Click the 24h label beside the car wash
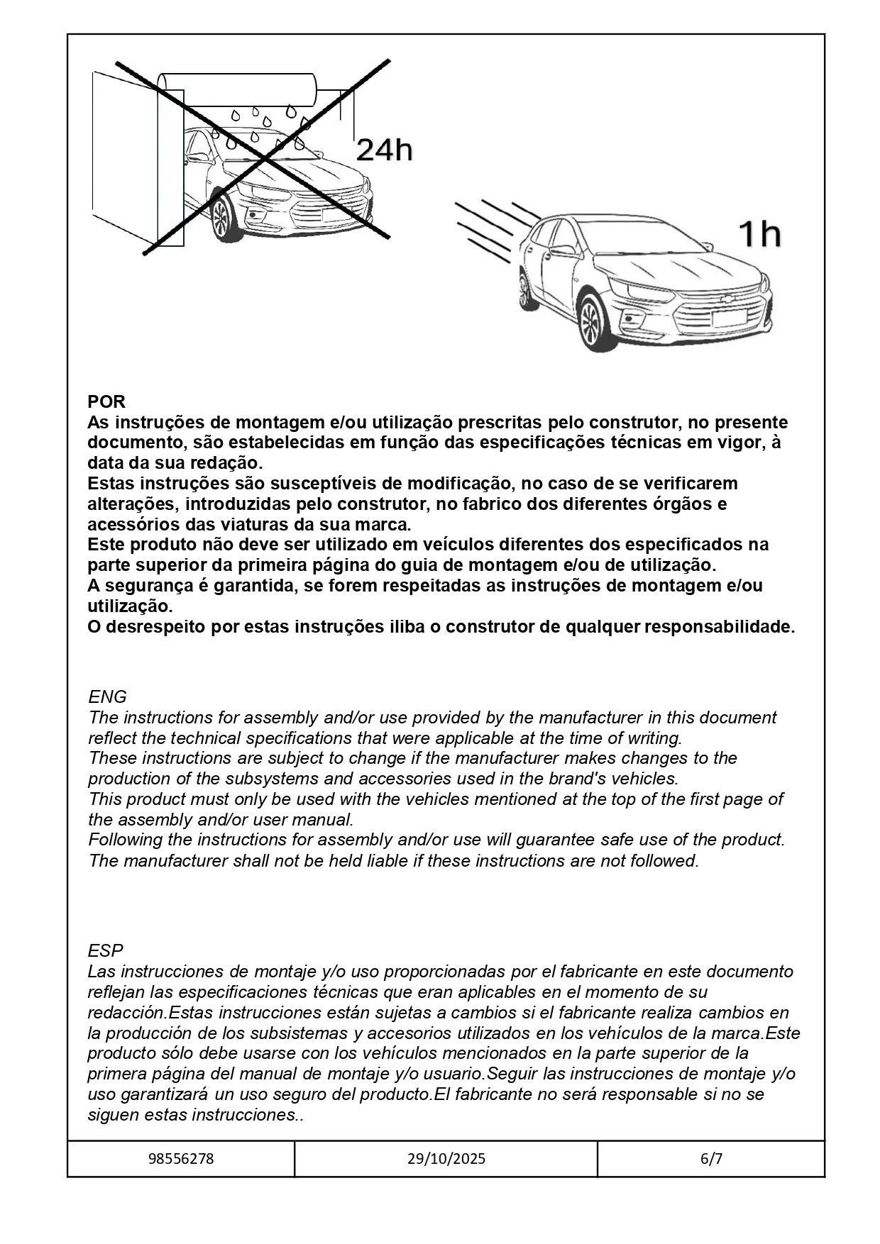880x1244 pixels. pyautogui.click(x=383, y=150)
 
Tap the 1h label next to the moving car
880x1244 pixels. pyautogui.click(x=760, y=234)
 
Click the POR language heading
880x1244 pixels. pyautogui.click(x=106, y=401)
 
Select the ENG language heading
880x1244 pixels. pyautogui.click(x=108, y=696)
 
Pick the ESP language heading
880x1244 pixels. pyautogui.click(x=106, y=950)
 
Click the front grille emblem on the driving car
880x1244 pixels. pyautogui.click(x=727, y=299)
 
